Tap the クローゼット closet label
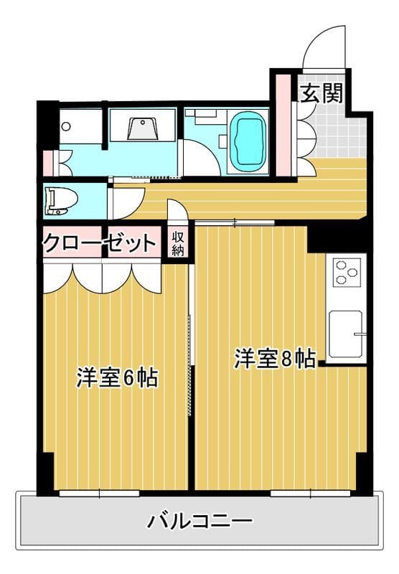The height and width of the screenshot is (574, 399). coord(100,243)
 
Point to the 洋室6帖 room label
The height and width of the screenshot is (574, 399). coord(118,377)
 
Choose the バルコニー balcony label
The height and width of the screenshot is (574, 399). coord(199,520)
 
